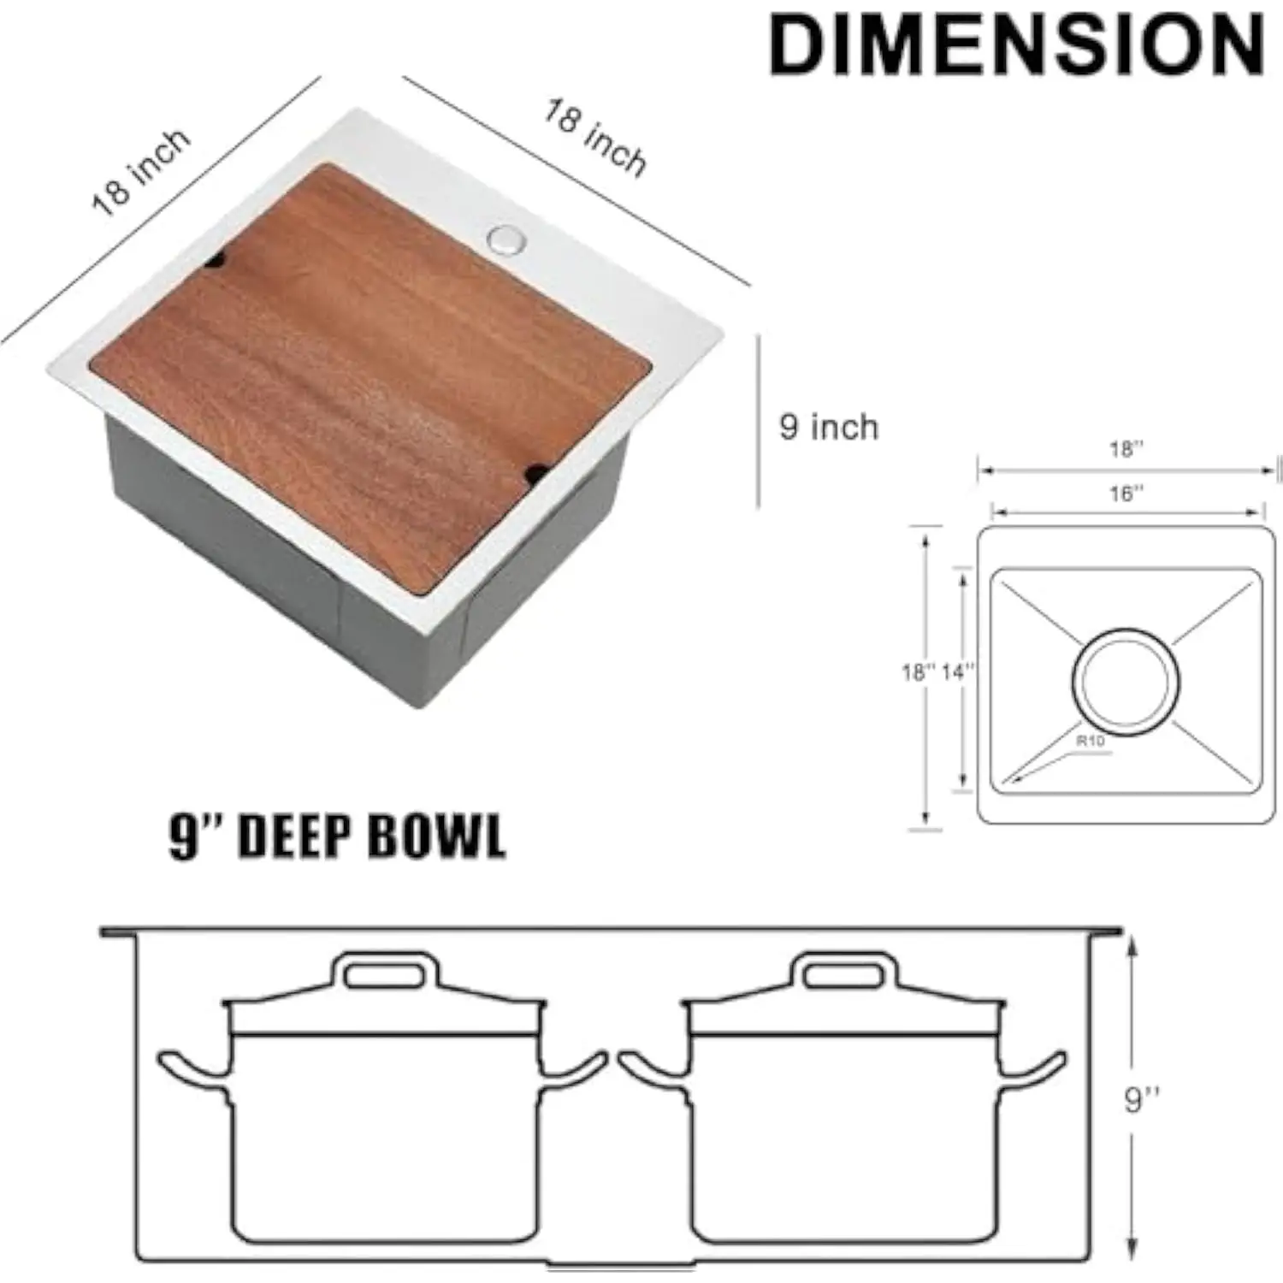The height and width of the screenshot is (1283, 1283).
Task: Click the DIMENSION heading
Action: tap(1016, 45)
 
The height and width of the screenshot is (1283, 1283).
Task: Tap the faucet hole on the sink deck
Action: tap(507, 239)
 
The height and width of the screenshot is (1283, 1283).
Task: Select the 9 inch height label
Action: tap(828, 427)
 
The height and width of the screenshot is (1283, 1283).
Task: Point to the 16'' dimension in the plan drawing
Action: tap(1126, 494)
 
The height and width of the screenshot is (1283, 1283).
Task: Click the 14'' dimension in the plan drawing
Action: tap(958, 672)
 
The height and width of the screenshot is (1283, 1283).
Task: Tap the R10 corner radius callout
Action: tap(1091, 741)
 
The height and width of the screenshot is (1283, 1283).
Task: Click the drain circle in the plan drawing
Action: tap(1125, 682)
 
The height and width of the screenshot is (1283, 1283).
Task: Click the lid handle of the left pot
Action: tap(385, 973)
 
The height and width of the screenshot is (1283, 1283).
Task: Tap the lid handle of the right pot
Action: tap(844, 973)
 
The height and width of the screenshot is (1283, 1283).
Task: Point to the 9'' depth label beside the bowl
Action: tap(1142, 1099)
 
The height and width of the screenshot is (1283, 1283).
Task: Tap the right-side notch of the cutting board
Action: tap(536, 471)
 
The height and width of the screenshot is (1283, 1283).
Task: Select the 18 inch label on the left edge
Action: tap(141, 172)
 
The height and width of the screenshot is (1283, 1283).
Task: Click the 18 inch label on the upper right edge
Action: tap(595, 138)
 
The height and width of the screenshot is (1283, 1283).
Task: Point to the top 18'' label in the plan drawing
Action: tap(1126, 449)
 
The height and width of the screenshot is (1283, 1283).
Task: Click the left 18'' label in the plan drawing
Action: tap(919, 672)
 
